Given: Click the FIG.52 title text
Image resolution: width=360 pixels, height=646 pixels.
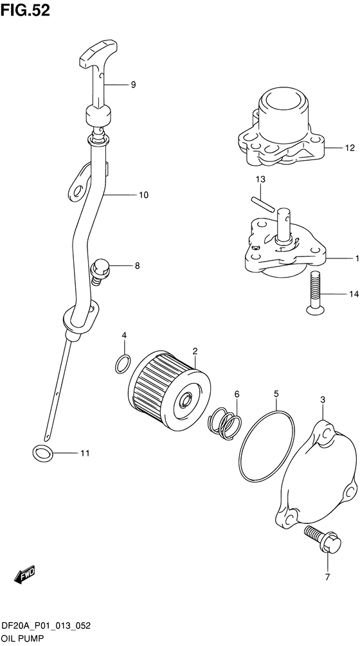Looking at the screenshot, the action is coord(25,10).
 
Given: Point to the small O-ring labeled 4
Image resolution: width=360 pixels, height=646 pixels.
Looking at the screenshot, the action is coord(123,363).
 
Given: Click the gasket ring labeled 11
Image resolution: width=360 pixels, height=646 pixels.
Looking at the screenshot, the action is coord(42,453).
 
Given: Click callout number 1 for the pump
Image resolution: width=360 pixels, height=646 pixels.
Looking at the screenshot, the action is coord(357,258).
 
